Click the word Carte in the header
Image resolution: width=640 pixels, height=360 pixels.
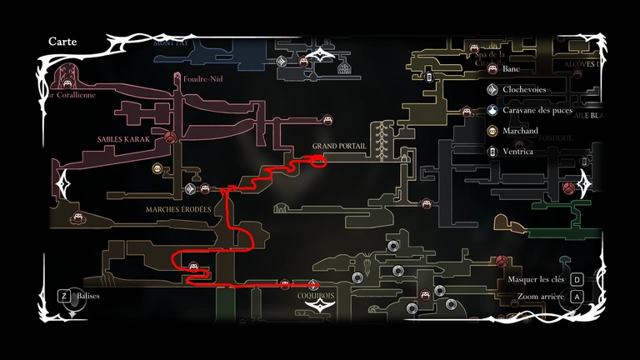pos(63,42)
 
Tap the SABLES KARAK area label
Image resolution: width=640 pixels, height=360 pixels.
pos(123,140)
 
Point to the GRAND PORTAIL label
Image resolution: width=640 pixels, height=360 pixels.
pos(340,147)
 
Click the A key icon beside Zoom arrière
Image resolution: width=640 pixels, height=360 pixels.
pos(577,296)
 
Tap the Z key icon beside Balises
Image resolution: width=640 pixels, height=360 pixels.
pos(62,295)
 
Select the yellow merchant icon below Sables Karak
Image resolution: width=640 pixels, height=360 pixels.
pos(157,169)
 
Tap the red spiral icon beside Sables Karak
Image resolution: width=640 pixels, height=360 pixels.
pos(170,137)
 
